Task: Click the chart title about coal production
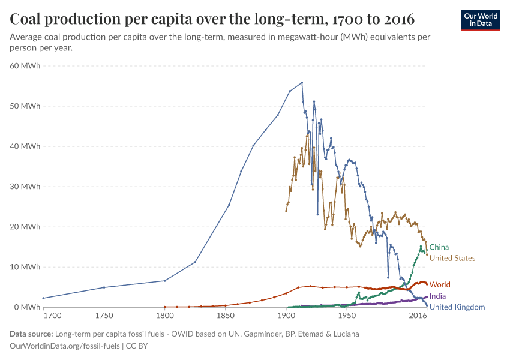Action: pyautogui.click(x=212, y=19)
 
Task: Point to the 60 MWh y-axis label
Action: pyautogui.click(x=25, y=66)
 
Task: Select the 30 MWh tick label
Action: pyautogui.click(x=25, y=187)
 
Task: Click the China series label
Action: pyautogui.click(x=439, y=247)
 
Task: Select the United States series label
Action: pyautogui.click(x=452, y=258)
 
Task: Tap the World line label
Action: pyautogui.click(x=440, y=284)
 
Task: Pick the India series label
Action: pyautogui.click(x=437, y=296)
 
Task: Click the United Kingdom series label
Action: pyautogui.click(x=457, y=307)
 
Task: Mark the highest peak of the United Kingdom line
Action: pyautogui.click(x=302, y=83)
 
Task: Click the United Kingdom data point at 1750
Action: pyautogui.click(x=104, y=287)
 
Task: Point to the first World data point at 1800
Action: pyautogui.click(x=164, y=307)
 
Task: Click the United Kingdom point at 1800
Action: pyautogui.click(x=164, y=281)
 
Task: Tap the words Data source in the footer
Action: pyautogui.click(x=31, y=334)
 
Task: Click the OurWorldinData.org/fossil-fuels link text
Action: pyautogui.click(x=65, y=346)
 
